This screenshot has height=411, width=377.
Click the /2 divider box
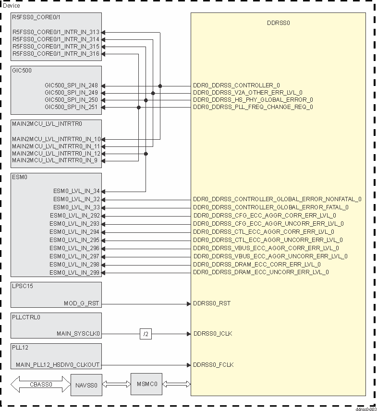coord(146,334)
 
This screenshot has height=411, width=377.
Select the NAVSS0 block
coord(86,385)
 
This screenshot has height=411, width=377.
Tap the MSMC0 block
coord(146,384)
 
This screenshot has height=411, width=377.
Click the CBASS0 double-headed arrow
coord(40,385)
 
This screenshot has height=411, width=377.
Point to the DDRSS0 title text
coord(279,23)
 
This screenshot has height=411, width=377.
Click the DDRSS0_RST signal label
coord(212,303)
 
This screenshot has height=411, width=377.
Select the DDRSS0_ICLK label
coord(213,334)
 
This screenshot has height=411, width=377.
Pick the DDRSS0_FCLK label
coord(213,365)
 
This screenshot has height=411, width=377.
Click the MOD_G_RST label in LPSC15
coord(82,303)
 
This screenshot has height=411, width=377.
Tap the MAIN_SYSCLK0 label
coord(78,334)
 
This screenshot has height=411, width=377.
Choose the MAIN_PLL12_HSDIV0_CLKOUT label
coord(58,365)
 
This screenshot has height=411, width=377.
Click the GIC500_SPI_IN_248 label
coord(71,85)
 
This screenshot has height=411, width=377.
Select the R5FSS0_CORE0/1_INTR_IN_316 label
coord(56,54)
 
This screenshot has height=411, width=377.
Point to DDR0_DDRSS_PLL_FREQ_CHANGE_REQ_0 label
coord(253,107)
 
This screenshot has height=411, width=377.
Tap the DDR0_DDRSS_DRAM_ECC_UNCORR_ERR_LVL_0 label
coord(261,272)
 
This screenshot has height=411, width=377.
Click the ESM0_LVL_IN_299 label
coord(74,273)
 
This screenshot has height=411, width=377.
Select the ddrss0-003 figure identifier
coord(365,409)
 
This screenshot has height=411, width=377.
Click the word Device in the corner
coord(12,6)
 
